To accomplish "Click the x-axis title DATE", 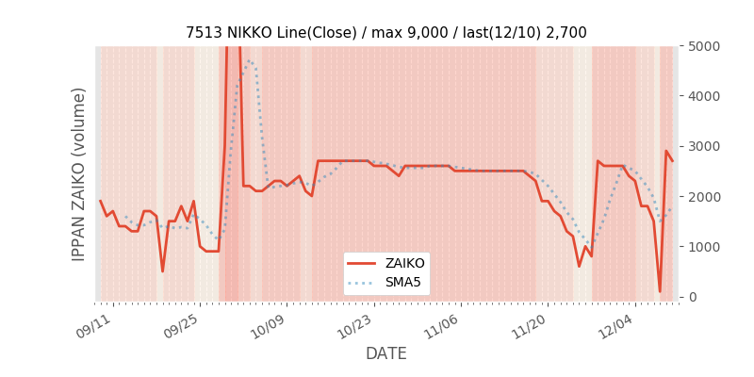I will pyautogui.click(x=386, y=353).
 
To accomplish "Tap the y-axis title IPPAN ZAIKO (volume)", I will pyautogui.click(x=79, y=173).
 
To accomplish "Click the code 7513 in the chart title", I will pyautogui.click(x=204, y=32).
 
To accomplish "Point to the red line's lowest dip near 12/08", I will pyautogui.click(x=660, y=291).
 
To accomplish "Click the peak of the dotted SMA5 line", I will pyautogui.click(x=249, y=60).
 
